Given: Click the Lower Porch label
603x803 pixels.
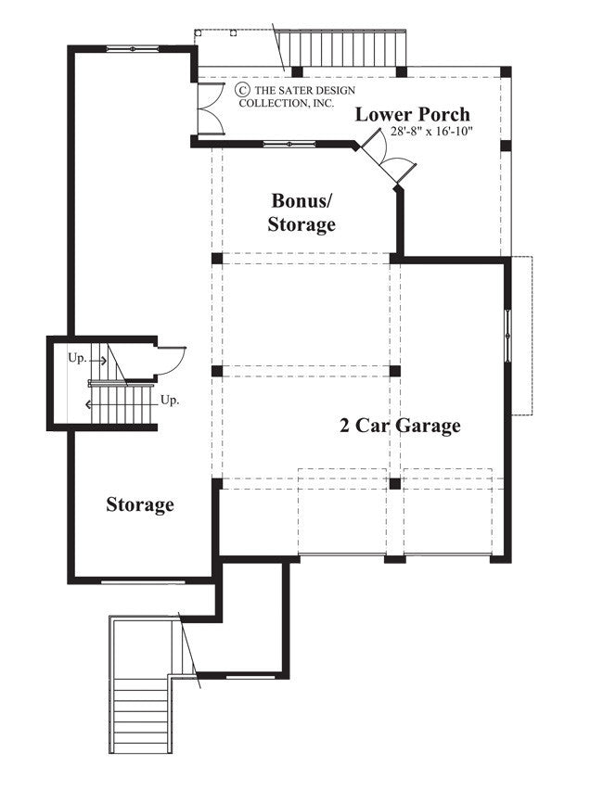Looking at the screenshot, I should (x=413, y=115).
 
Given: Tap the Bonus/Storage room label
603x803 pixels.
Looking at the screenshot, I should (x=302, y=212).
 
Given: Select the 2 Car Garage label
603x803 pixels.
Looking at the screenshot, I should (x=399, y=426).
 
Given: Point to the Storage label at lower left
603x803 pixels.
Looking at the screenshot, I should (x=140, y=505).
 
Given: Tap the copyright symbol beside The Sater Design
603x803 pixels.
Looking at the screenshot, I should (x=243, y=89).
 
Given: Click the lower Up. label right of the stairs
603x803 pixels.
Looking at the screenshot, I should (x=170, y=401).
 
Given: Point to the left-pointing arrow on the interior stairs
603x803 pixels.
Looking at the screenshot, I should (x=90, y=404).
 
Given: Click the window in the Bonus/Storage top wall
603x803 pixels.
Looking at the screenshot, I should (x=288, y=144).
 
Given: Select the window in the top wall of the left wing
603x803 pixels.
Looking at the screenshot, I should (x=132, y=47).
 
